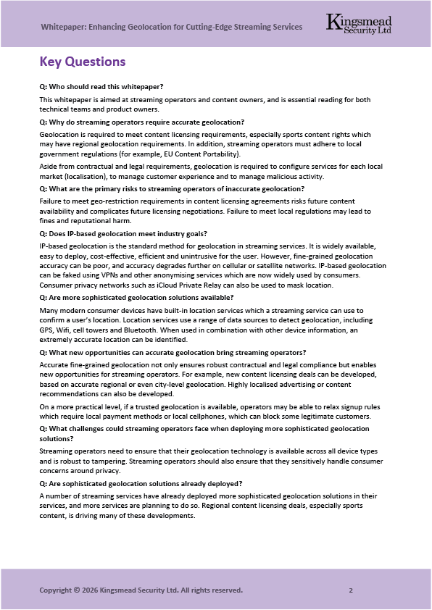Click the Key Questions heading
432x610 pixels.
pos(83,62)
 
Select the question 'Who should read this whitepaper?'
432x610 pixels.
pos(101,86)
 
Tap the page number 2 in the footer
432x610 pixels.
pos(351,590)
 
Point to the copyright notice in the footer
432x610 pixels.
pos(141,590)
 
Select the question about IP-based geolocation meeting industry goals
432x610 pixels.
pos(124,233)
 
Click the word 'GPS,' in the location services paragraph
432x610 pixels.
pos(48,328)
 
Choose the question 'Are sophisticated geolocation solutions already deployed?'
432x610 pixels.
pos(141,483)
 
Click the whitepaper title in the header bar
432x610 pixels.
pos(171,27)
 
